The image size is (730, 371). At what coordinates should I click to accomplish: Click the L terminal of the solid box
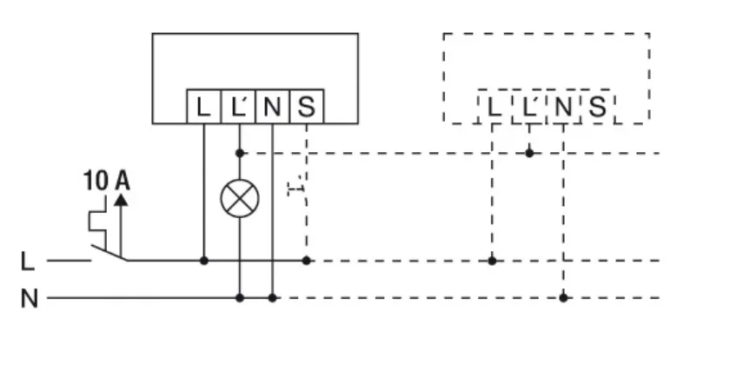click(203, 107)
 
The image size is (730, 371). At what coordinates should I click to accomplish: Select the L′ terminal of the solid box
click(238, 107)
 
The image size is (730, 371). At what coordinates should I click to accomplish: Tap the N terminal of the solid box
click(272, 107)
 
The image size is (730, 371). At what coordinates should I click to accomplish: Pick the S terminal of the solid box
click(306, 107)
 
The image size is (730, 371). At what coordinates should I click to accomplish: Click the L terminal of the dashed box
click(494, 107)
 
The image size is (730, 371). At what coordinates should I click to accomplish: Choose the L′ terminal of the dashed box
click(529, 107)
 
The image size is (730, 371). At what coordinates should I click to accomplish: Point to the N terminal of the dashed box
click(563, 107)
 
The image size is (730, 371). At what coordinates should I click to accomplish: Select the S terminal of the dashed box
click(597, 107)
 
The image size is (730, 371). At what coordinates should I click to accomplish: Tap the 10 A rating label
click(106, 181)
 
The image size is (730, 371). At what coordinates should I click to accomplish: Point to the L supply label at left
click(28, 260)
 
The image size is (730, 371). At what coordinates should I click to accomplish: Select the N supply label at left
click(30, 299)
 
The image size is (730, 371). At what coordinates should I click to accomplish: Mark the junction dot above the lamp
click(239, 153)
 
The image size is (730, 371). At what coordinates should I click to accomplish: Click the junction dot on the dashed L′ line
click(529, 153)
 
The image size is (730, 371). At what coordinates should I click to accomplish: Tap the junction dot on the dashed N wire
click(563, 298)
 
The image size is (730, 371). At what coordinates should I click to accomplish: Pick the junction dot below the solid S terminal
click(306, 260)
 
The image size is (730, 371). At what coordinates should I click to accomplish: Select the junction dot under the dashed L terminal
click(493, 260)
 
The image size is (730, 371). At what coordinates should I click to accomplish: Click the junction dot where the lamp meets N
click(239, 298)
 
